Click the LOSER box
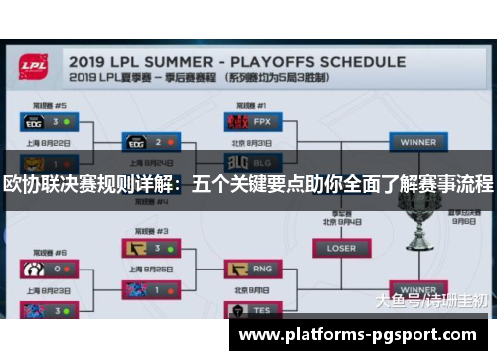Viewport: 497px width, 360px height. click(340, 248)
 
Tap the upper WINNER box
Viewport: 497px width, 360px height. click(418, 142)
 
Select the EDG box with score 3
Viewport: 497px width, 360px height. click(47, 122)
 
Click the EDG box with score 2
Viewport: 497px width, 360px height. click(150, 142)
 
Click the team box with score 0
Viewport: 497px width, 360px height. click(47, 269)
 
